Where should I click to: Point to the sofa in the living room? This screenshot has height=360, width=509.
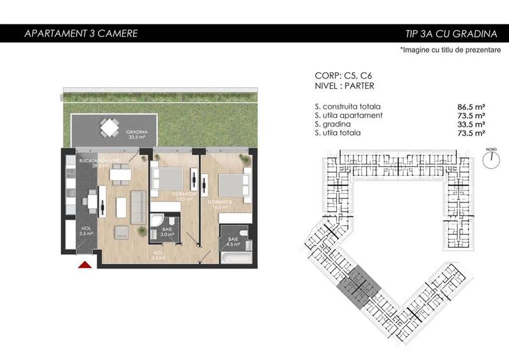(x=137, y=207)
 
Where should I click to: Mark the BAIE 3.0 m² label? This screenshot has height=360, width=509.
(x=168, y=232)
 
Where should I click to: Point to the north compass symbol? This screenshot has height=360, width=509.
(x=490, y=160)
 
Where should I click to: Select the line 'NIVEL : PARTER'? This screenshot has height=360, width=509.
(x=345, y=86)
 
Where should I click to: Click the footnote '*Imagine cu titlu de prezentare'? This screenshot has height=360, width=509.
(x=450, y=50)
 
